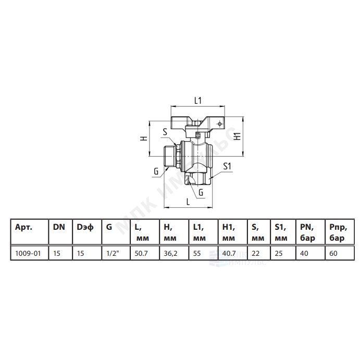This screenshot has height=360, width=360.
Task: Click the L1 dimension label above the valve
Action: [x=198, y=101]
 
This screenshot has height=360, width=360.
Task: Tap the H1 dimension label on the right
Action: [x=237, y=136]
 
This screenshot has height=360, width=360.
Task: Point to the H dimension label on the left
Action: [x=144, y=138]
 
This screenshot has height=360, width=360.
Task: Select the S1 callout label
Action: [x=227, y=166]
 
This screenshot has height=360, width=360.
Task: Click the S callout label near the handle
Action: [x=165, y=132]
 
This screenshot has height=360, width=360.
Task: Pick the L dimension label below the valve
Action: [x=188, y=202]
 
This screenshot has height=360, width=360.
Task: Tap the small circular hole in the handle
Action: [x=220, y=124]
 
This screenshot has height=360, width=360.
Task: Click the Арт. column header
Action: [x=23, y=227]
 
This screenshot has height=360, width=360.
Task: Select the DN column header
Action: [x=59, y=227]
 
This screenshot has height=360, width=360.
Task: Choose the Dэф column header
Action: [x=85, y=227]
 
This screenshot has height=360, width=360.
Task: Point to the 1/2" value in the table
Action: [x=113, y=253]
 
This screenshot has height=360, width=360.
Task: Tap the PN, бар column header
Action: [x=308, y=232]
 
